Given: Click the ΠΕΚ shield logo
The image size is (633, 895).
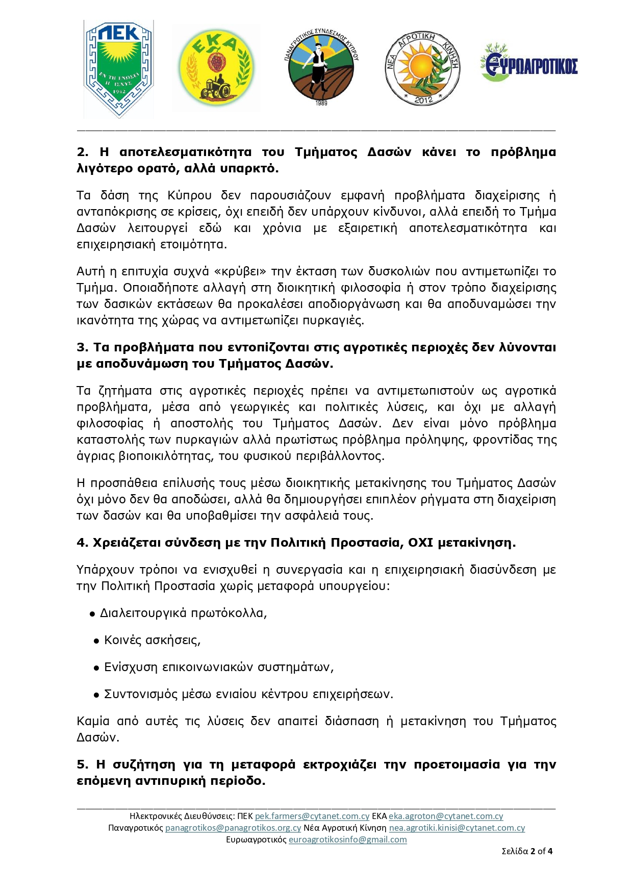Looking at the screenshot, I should (119, 69).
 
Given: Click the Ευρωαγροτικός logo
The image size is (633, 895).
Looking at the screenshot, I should (529, 64).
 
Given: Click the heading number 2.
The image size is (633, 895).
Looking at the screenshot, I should (82, 152).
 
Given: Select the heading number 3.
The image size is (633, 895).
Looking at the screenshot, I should (82, 347).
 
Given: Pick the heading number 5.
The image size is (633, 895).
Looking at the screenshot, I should (82, 764).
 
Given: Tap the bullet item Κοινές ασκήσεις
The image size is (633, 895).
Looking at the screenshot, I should (152, 640).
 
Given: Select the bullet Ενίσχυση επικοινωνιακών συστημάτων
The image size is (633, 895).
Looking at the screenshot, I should (219, 667).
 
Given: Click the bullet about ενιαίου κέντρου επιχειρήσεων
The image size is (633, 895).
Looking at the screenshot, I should (248, 694).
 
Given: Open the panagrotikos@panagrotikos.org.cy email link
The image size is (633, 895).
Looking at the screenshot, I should (233, 828).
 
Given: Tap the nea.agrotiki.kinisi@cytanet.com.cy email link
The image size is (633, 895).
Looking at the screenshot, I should (457, 828).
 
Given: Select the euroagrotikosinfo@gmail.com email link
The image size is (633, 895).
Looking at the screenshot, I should (348, 840).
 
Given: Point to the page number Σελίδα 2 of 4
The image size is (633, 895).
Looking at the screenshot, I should (527, 851).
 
